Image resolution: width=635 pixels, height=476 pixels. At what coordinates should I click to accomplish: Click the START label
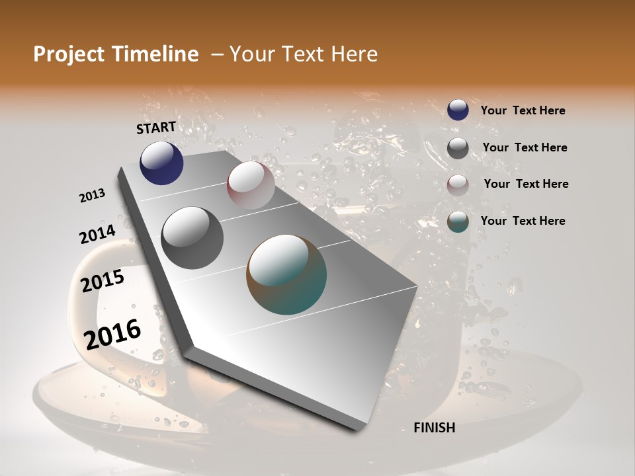156,128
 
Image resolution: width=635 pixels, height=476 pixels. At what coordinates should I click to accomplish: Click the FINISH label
434,428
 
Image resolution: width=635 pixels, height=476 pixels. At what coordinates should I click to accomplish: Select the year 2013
92,196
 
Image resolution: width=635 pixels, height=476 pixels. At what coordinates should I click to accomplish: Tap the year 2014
97,235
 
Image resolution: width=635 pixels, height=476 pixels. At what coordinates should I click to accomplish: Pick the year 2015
102,281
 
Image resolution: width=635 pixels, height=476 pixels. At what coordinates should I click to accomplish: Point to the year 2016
112,335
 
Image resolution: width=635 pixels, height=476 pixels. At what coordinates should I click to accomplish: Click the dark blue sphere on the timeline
161,163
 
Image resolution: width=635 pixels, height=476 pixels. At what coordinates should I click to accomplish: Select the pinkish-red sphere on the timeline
251,184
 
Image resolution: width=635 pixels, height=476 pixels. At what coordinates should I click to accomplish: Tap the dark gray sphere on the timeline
192,237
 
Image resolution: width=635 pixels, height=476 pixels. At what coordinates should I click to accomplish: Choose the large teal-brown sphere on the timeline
286,274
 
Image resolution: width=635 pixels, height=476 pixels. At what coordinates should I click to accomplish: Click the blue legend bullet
458,110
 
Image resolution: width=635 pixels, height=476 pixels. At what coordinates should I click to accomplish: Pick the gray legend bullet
458,148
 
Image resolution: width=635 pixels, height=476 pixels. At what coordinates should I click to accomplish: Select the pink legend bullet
458,184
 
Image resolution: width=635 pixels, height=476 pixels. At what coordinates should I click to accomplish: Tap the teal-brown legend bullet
458,221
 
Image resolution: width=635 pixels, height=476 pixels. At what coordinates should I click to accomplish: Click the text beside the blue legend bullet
523,110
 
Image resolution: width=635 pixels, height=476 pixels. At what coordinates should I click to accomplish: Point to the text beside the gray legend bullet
525,147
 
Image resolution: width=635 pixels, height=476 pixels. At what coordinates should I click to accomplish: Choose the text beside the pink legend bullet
526,184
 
